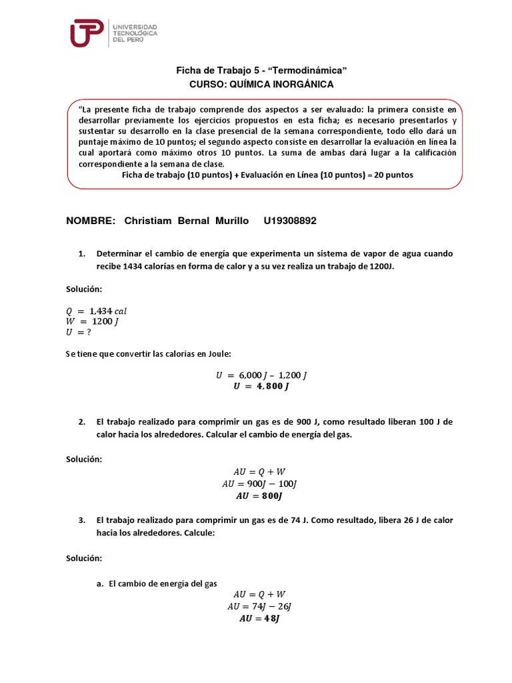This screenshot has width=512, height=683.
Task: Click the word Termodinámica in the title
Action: pos(312,70)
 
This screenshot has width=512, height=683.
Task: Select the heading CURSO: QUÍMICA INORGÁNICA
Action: pos(261,84)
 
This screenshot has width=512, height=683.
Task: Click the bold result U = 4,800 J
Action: pos(261,386)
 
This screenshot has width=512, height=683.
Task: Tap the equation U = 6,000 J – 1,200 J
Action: pos(261,375)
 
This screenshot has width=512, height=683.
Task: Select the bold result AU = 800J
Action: pos(260,496)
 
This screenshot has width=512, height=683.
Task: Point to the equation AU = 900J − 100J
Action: pos(261,484)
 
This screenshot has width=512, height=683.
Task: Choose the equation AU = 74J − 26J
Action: pos(260,606)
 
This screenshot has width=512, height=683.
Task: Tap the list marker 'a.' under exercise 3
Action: pos(100,583)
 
